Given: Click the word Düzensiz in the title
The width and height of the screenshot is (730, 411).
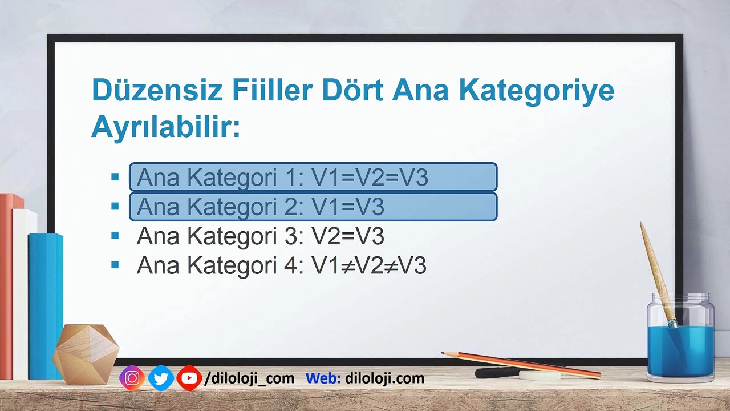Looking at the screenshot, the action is pos(157,90).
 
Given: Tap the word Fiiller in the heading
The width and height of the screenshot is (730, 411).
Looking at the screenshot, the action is pos(273,90).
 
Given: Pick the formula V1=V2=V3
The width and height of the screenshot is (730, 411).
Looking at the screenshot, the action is pos(370,177).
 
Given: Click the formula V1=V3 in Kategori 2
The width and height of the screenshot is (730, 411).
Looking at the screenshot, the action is pos(348,207).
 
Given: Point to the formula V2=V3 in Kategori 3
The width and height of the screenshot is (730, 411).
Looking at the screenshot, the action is pos(348,236).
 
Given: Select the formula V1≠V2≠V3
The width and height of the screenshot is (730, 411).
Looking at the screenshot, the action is pos(369,265).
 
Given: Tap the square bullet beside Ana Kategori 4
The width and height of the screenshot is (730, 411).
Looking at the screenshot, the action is pos(115,264).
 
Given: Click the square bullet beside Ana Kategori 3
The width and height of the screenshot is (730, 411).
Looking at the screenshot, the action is pos(115,235).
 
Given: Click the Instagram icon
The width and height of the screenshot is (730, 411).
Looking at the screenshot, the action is pos(132,378).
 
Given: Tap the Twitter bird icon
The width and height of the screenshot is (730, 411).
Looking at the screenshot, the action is pos(161,378).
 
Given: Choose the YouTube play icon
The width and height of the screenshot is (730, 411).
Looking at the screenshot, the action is pos(189,378).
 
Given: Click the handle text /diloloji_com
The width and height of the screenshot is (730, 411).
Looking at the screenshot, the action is pos(249,378).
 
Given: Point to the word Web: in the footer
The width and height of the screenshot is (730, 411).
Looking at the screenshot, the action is pos(323,378).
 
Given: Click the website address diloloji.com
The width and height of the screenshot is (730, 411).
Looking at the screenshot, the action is pos(385,378).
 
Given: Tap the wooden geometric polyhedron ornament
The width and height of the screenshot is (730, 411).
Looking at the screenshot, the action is pos(86,354).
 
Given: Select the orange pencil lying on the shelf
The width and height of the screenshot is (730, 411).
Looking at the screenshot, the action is pos(521,365).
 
